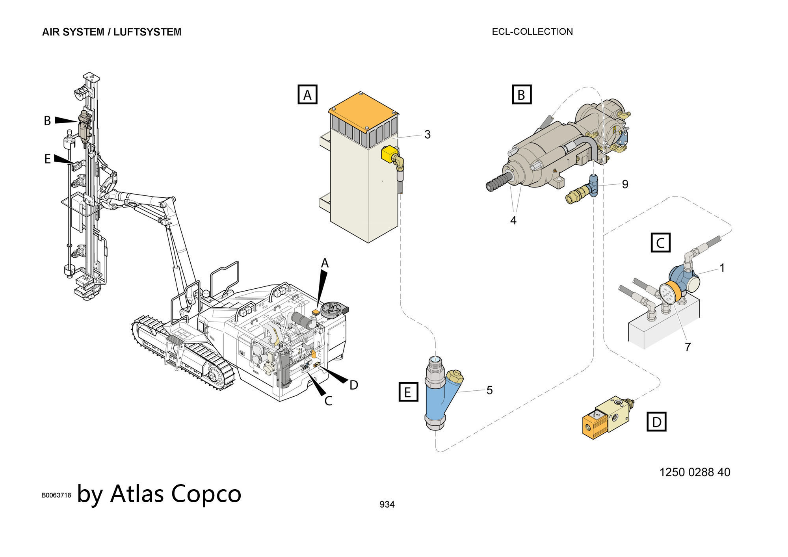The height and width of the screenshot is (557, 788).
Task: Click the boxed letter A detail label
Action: [307, 95]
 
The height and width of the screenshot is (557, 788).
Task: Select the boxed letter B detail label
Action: [521, 95]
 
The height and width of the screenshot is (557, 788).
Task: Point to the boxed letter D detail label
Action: [656, 422]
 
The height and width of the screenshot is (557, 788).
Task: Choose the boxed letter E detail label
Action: [408, 392]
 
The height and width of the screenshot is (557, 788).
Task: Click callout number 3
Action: [427, 135]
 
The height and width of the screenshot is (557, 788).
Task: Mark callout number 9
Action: [625, 184]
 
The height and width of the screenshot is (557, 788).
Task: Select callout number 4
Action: [513, 220]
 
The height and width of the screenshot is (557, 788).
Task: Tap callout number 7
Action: [688, 347]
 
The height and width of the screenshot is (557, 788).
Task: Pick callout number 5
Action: [489, 390]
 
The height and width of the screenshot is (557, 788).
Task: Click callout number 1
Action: [722, 268]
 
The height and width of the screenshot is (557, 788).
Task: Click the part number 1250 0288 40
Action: [695, 472]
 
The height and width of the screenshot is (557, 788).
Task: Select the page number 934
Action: [387, 504]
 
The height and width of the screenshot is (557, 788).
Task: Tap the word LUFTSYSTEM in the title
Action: [147, 32]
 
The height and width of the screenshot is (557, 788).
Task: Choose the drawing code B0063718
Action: [56, 495]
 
